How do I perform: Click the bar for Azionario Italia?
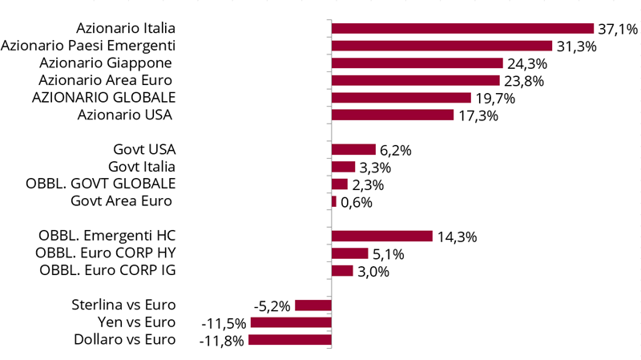pyautogui.click(x=462, y=29)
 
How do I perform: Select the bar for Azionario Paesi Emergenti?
pyautogui.click(x=441, y=46)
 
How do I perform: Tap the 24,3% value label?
pyautogui.click(x=526, y=63)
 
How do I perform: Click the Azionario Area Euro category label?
pyautogui.click(x=107, y=80)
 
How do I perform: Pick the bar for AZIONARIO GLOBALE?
pyautogui.click(x=401, y=98)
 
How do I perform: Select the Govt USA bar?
pyautogui.click(x=353, y=150)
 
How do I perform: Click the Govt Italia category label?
pyautogui.click(x=141, y=167)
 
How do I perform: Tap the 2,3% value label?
pyautogui.click(x=368, y=185)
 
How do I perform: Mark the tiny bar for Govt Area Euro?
pyautogui.click(x=334, y=202)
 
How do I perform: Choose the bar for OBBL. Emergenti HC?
pyautogui.click(x=382, y=236)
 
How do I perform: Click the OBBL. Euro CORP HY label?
pyautogui.click(x=106, y=253)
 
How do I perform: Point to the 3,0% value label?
pyautogui.click(x=373, y=271)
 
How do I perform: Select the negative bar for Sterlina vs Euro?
pyautogui.click(x=313, y=305)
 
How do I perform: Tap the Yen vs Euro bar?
pyautogui.click(x=291, y=322)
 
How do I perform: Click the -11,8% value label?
pyautogui.click(x=221, y=341)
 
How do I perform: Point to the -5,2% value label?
pyautogui.click(x=272, y=306)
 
